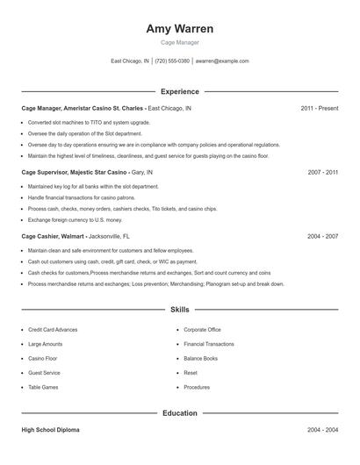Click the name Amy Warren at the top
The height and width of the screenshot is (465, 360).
[180, 28]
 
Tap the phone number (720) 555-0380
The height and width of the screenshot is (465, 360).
[172, 61]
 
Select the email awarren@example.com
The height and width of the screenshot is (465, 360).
[222, 61]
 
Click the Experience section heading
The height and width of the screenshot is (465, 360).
[180, 91]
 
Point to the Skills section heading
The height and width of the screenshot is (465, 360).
[180, 310]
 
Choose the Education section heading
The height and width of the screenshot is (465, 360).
[180, 413]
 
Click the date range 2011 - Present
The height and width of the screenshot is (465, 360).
[319, 108]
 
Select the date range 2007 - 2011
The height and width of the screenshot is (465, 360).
[323, 173]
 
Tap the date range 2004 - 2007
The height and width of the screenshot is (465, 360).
[323, 236]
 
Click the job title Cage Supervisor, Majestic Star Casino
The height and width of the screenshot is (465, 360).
[75, 173]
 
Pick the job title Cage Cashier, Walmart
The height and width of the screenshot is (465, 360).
[53, 236]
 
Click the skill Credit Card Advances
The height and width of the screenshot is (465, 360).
[53, 330]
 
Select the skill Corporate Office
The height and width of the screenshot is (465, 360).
[203, 330]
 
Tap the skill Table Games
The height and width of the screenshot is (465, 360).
[44, 387]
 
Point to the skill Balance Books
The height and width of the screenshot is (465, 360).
[201, 358]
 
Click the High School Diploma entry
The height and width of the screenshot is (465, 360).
[51, 430]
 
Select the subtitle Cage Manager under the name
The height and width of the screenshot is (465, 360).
[180, 42]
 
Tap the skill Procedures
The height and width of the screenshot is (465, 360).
[197, 387]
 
